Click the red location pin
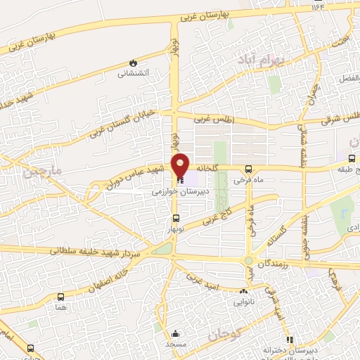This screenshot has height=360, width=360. [x=181, y=166]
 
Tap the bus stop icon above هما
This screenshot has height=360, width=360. [x=61, y=297]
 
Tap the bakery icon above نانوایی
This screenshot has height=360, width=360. [x=244, y=291]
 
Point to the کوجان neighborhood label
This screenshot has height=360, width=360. [x=224, y=336]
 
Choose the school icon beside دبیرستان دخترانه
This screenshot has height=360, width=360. [x=290, y=340]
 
